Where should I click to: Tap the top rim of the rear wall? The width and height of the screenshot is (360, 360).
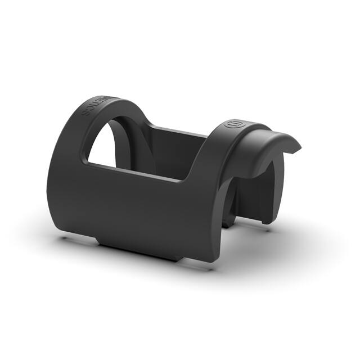180,132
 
